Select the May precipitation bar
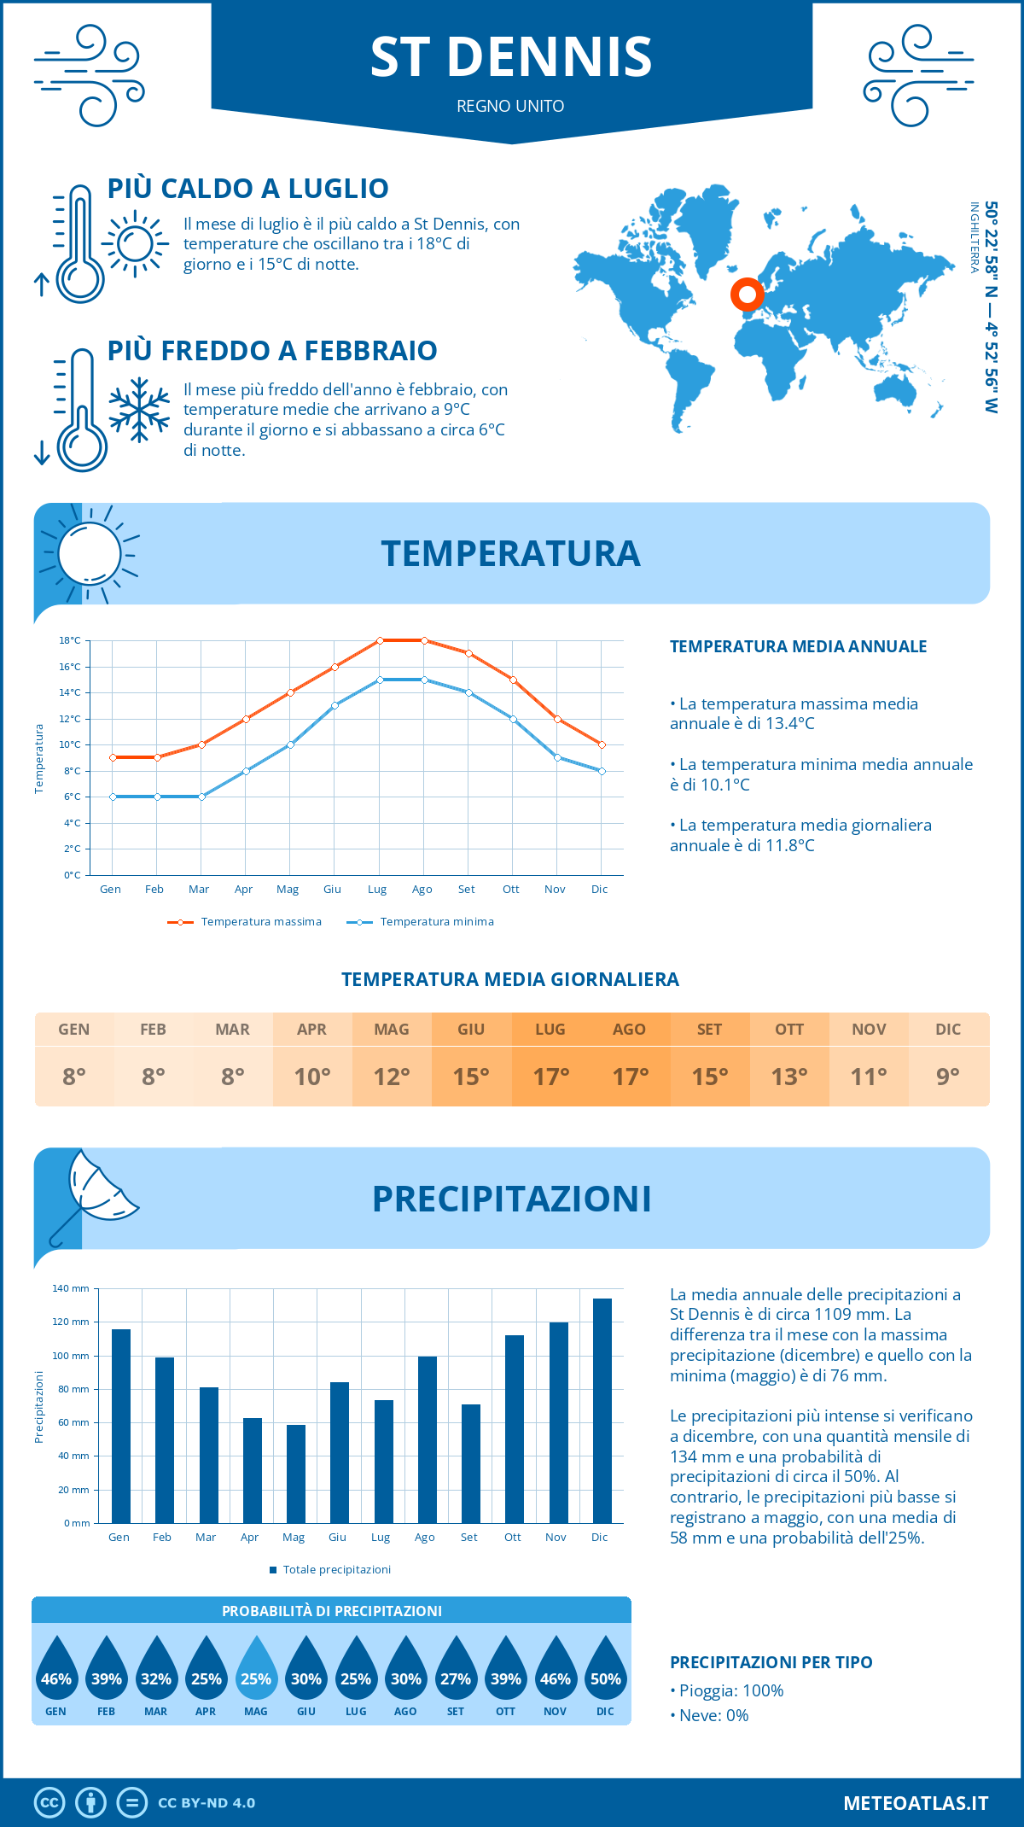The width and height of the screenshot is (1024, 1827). pos(296,1474)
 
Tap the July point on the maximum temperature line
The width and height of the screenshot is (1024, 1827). pos(380,640)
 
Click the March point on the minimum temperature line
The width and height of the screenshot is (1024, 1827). pos(201,797)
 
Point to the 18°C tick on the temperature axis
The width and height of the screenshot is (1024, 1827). pos(70,640)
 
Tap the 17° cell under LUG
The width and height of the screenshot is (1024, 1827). pos(550,1077)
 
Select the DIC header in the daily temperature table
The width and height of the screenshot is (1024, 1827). pos(948,1030)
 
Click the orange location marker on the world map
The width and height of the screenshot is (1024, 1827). pos(748,295)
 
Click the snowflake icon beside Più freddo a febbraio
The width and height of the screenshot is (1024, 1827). pos(139,410)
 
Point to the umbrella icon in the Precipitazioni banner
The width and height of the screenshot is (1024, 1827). pos(94,1195)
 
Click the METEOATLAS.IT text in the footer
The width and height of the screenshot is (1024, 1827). pos(916,1803)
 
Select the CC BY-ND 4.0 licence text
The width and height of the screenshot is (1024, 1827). pos(207,1803)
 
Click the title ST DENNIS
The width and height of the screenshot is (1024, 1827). pos(511,57)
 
